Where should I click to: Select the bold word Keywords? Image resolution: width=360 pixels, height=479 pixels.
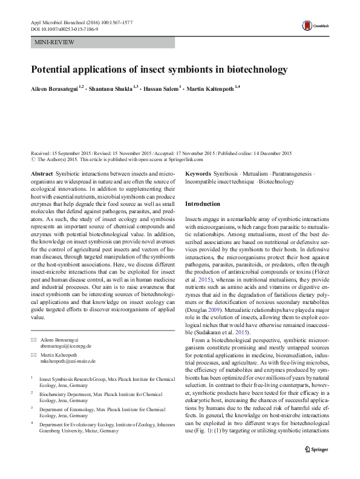click(x=198, y=173)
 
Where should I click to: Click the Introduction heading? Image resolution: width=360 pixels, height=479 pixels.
click(x=203, y=203)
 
